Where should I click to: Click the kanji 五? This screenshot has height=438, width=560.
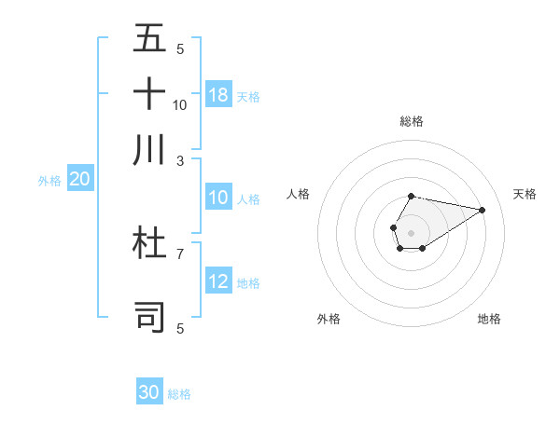[149, 38]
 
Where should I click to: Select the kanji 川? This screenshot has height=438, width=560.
[149, 149]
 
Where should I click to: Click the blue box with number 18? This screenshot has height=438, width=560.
[218, 95]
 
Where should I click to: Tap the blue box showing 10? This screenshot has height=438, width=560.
[218, 198]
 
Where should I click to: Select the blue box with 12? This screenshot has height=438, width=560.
[218, 281]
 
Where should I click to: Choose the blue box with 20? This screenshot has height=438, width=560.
[79, 180]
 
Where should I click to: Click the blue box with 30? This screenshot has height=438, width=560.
[149, 392]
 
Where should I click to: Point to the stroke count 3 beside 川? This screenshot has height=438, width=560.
[180, 160]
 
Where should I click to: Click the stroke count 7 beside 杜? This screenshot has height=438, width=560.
[180, 253]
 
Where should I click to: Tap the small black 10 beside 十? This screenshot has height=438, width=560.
[180, 104]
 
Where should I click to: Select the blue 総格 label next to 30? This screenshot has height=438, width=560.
[179, 394]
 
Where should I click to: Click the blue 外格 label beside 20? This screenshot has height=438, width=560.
[49, 182]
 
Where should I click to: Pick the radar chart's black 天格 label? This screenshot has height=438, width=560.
[525, 194]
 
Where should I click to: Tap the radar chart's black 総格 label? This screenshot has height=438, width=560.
[411, 121]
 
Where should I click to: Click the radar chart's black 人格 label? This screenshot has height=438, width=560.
[299, 194]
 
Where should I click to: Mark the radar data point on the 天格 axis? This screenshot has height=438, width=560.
[483, 209]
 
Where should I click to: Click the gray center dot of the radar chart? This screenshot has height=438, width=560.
[411, 231]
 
